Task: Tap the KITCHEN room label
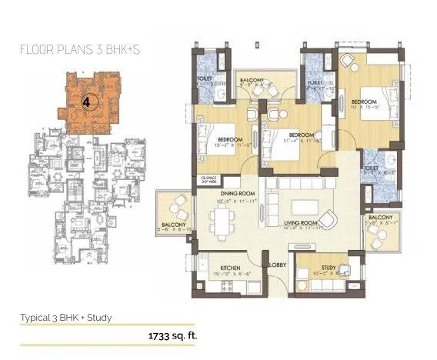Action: tap(231, 268)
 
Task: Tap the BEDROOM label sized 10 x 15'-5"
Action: tap(364, 102)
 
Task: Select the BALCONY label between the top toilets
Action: tap(251, 80)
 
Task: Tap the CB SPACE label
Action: tap(205, 180)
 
